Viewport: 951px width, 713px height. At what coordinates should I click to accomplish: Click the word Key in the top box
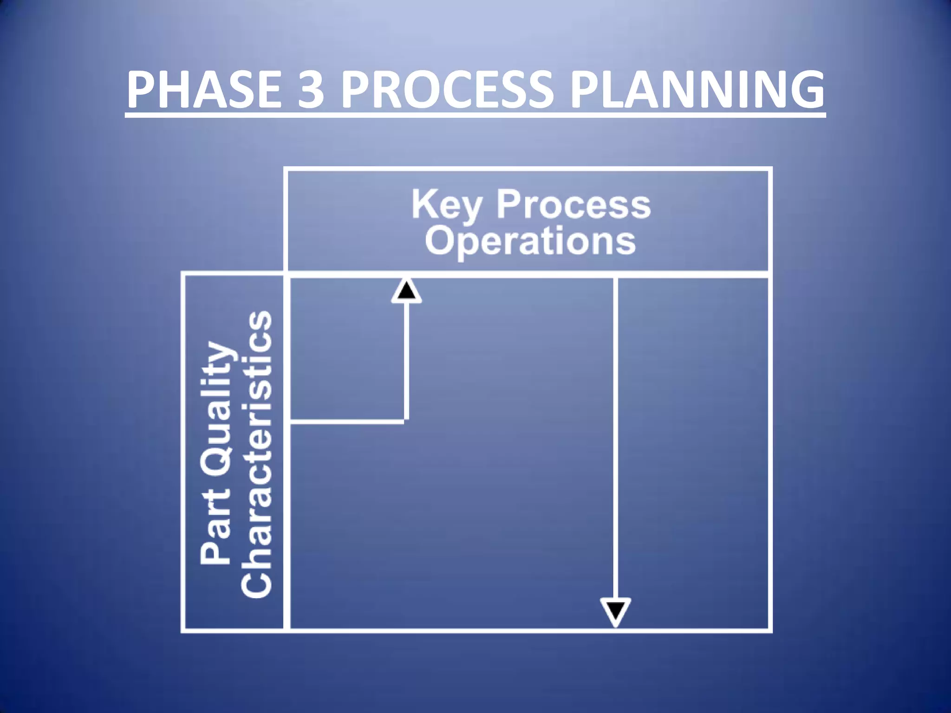tap(446, 206)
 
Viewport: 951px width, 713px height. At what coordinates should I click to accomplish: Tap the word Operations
tap(530, 241)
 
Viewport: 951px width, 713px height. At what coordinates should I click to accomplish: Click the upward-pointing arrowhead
tap(407, 292)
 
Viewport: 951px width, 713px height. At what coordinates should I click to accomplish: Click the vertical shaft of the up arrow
tap(407, 362)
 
